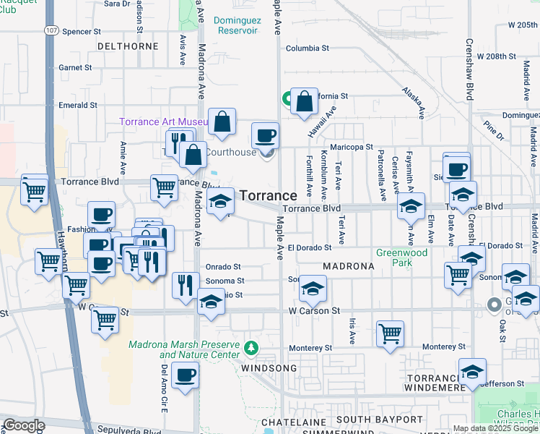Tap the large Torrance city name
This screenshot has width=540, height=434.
268,195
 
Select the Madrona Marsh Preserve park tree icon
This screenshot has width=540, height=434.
251,349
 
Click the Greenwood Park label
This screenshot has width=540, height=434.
401,258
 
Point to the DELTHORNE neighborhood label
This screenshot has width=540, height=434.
128,46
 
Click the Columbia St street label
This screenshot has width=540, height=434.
307,48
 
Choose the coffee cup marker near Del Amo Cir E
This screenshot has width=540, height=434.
186,376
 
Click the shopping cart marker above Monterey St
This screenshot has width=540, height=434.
390,334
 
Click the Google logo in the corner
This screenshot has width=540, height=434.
24,425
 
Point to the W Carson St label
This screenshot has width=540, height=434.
314,310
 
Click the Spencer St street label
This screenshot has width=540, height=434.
81,32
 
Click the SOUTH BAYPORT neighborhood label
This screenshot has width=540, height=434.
378,420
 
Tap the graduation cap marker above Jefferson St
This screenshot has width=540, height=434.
472,373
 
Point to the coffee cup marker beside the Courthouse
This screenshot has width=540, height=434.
265,135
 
